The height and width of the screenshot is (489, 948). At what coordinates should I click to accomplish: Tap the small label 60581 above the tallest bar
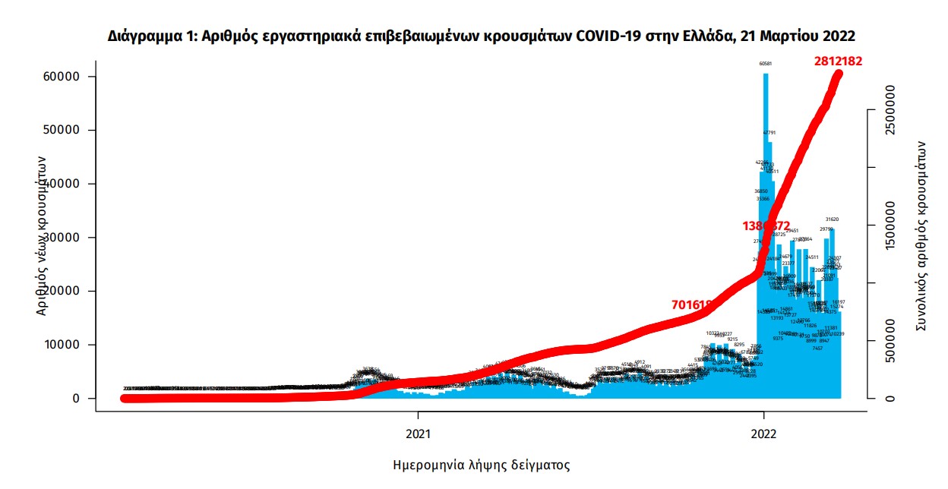pos(766,64)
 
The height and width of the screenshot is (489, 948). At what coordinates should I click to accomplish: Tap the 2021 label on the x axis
pos(418,434)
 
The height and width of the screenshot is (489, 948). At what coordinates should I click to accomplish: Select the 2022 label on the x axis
pos(763,434)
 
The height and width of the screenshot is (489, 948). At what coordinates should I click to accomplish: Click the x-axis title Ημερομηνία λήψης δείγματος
pos(481,464)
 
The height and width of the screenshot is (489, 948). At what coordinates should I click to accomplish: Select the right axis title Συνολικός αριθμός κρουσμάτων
pos(922,234)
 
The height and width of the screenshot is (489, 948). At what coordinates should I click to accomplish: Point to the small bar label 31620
pos(832,219)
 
